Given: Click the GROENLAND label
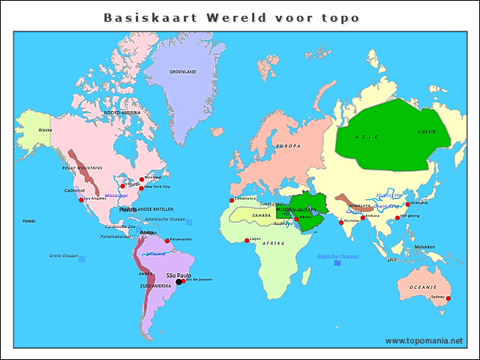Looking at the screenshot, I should click(182, 72).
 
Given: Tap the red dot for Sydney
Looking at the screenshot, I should click(448, 298).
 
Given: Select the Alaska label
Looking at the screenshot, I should click(45, 130).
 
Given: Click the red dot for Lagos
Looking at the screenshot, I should click(247, 240).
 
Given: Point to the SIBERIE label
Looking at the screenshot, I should click(426, 131).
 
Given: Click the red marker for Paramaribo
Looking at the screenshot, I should click(167, 241).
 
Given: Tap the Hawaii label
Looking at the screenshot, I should click(28, 221).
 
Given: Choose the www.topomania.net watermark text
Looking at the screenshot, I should click(424, 341).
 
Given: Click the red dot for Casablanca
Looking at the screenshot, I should click(232, 200).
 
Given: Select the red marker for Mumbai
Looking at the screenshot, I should click(341, 223).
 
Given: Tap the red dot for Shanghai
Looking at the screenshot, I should click(408, 204).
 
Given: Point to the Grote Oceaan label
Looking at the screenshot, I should click(64, 256).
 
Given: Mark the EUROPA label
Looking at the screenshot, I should click(289, 145).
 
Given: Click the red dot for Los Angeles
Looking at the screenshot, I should click(81, 199).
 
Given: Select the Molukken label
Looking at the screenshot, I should click(424, 247).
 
